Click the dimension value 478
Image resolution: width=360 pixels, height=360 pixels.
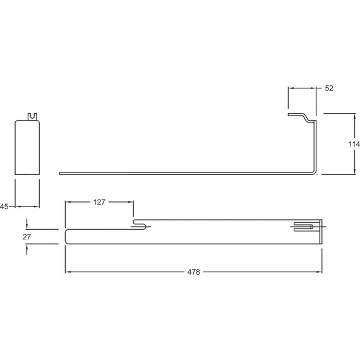[x=194, y=272]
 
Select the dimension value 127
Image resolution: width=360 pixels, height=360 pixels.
[x=100, y=202]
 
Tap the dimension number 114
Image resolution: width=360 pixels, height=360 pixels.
[x=354, y=144]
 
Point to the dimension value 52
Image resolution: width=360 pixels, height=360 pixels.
[x=329, y=88]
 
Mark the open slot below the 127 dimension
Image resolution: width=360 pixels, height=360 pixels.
[x=141, y=224]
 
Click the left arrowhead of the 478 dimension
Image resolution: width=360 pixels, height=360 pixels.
[x=68, y=272]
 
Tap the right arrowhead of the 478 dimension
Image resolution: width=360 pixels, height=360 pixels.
[x=320, y=272]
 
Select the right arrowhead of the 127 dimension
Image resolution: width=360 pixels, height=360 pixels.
[x=131, y=202]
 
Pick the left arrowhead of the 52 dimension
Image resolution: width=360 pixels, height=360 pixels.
[x=290, y=89]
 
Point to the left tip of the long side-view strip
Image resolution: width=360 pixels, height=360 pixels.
[x=59, y=172]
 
